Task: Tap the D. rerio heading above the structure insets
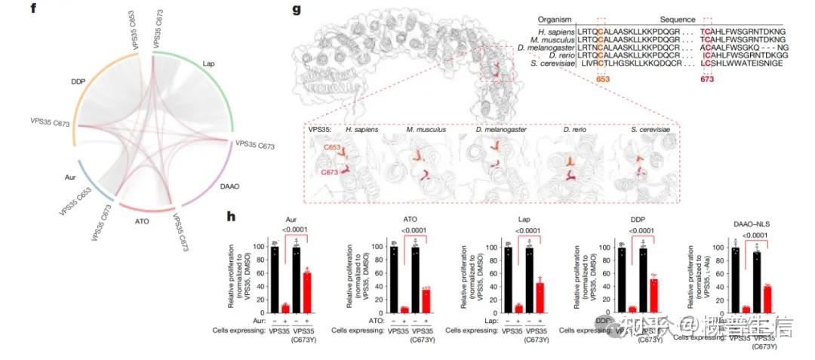(573, 129)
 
